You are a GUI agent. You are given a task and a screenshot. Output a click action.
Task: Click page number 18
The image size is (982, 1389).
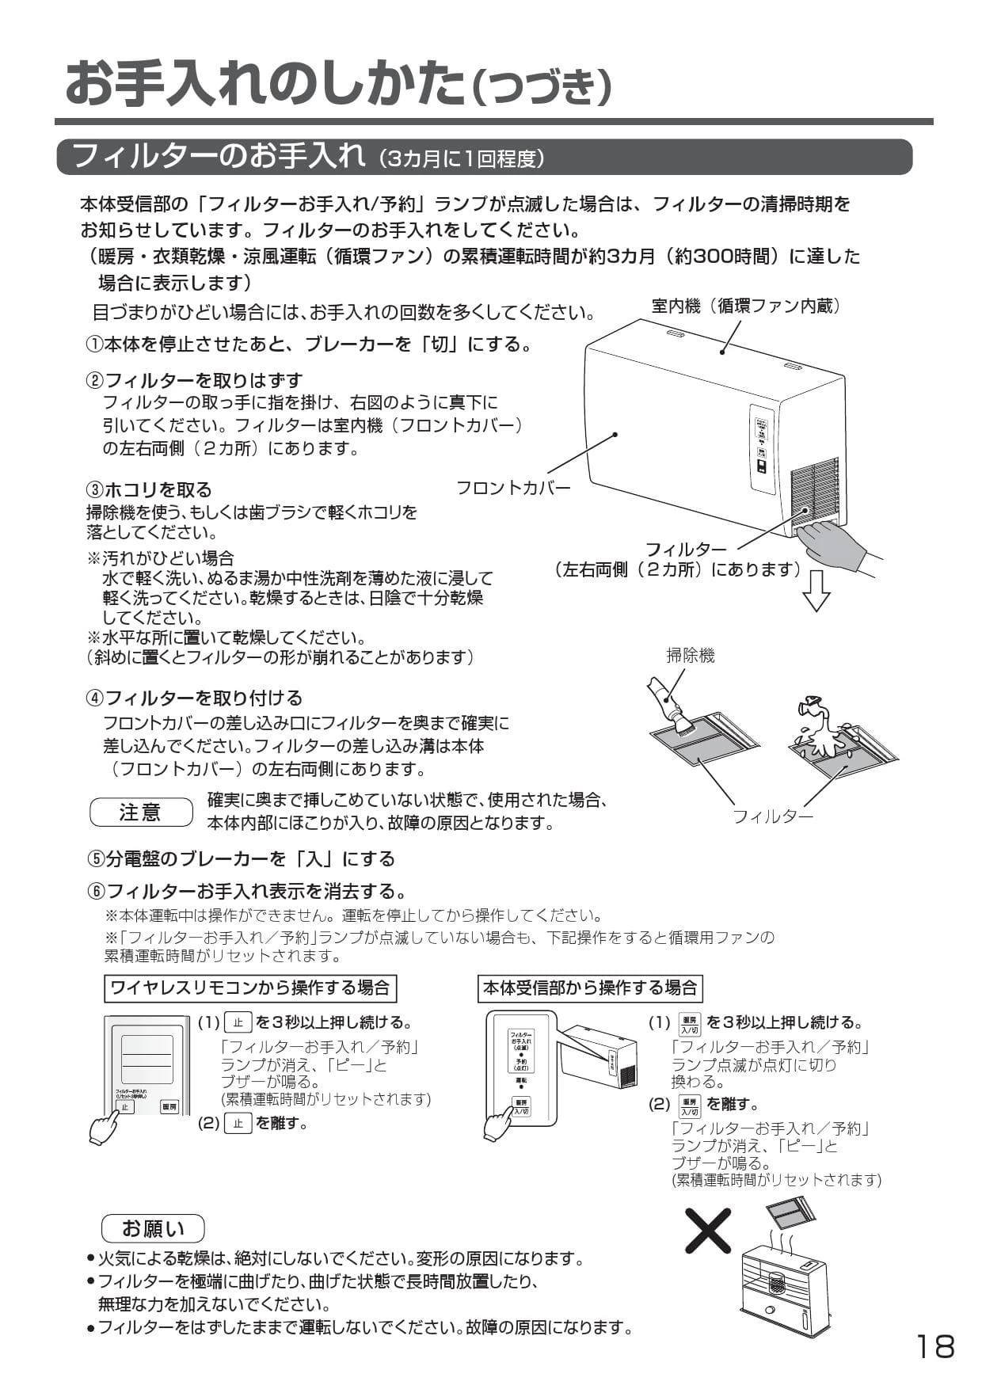[935, 1345]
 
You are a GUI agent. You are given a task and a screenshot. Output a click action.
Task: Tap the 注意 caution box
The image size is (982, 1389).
[141, 812]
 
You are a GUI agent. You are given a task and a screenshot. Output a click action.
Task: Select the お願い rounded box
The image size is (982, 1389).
[153, 1228]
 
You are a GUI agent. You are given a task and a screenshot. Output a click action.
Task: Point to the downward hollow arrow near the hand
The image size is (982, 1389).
[816, 590]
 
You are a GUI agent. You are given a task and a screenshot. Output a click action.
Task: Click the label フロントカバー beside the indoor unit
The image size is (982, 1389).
[512, 488]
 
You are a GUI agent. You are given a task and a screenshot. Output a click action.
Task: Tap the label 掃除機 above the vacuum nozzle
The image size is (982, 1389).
[690, 655]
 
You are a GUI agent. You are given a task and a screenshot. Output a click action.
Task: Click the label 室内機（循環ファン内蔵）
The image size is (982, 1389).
[745, 306]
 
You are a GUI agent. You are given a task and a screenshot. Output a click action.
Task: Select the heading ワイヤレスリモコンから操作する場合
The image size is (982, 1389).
[249, 988]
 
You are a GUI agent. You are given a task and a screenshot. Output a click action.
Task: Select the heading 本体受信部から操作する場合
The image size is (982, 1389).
[590, 988]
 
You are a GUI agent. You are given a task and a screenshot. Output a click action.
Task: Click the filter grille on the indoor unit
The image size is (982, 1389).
[813, 492]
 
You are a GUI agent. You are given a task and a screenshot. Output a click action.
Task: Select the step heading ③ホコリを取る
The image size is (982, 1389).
[149, 489]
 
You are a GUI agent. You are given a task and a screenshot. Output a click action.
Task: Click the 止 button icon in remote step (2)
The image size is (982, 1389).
[238, 1122]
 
